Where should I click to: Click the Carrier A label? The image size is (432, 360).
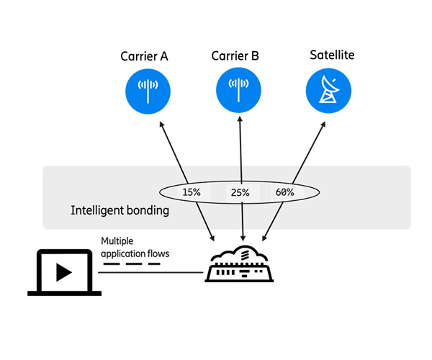pyautogui.click(x=144, y=55)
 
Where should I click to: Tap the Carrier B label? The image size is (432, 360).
pyautogui.click(x=236, y=55)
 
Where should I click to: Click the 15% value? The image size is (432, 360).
pyautogui.click(x=192, y=192)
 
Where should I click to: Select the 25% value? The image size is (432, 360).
pyautogui.click(x=240, y=192)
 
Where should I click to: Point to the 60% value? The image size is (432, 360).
pyautogui.click(x=284, y=192)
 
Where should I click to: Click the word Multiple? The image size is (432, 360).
pyautogui.click(x=118, y=240)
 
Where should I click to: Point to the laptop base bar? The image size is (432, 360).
pyautogui.click(x=63, y=292)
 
